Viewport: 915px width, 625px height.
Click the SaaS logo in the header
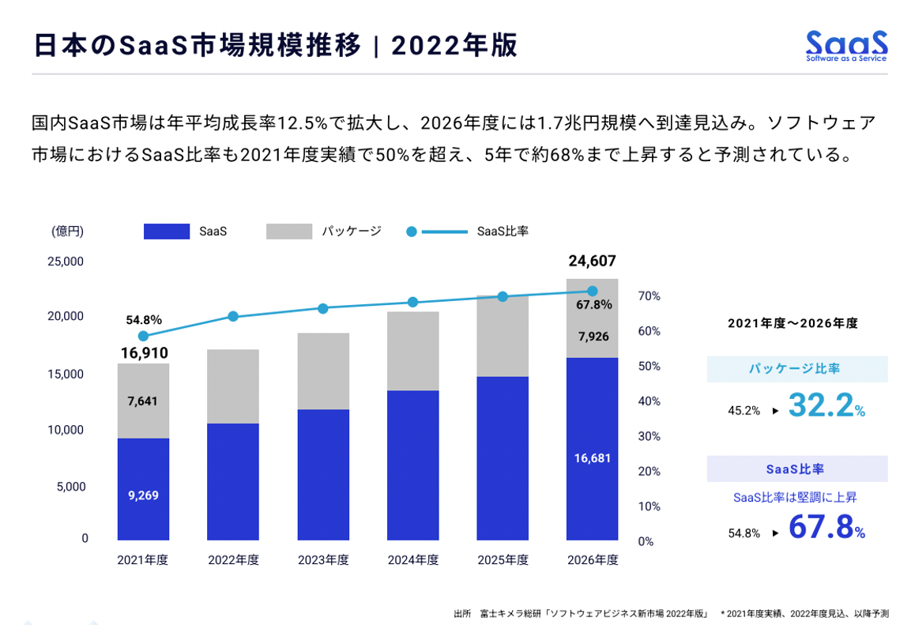click(846, 45)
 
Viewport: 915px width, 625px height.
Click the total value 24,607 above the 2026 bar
click(592, 262)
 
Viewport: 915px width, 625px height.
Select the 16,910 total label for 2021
click(143, 352)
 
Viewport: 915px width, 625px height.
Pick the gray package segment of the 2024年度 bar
click(412, 351)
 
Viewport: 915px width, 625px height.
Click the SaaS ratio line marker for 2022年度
click(233, 316)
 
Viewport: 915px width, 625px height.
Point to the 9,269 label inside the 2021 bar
click(143, 495)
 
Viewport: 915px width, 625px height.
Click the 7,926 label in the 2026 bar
click(593, 337)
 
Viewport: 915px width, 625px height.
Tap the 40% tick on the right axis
click(649, 401)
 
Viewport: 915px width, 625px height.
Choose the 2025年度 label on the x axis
click(503, 560)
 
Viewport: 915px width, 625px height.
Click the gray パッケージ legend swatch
click(289, 232)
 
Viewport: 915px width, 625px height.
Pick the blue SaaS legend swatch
click(167, 232)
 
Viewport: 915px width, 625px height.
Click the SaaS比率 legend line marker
click(411, 232)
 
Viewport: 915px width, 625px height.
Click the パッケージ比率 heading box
click(796, 369)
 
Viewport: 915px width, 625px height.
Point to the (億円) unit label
click(68, 232)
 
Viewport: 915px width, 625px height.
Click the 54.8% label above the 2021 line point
click(143, 320)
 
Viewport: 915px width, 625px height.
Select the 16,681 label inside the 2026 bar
click(593, 457)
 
